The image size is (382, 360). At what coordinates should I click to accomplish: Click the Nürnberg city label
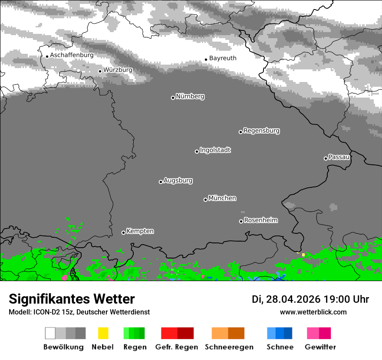pyautogui.click(x=190, y=96)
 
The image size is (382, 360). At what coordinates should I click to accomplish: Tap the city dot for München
pyautogui.click(x=205, y=200)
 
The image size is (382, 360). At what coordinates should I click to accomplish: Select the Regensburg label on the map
pyautogui.click(x=261, y=131)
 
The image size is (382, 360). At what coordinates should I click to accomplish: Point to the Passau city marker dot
pyautogui.click(x=326, y=158)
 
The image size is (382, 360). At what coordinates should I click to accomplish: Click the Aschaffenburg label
pyautogui.click(x=72, y=55)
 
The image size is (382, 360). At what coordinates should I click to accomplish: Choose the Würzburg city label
pyautogui.click(x=118, y=70)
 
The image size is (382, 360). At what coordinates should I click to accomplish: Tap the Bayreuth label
pyautogui.click(x=223, y=58)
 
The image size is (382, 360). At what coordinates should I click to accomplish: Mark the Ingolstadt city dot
pyautogui.click(x=197, y=151)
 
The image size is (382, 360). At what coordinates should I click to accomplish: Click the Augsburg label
pyautogui.click(x=178, y=180)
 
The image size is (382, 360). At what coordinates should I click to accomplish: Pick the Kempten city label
pyautogui.click(x=140, y=231)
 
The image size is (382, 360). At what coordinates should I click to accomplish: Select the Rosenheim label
pyautogui.click(x=260, y=220)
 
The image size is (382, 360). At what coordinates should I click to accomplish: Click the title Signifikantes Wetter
pyautogui.click(x=72, y=299)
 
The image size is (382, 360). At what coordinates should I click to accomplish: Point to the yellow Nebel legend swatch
pyautogui.click(x=103, y=333)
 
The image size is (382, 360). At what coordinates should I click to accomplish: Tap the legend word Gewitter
pyautogui.click(x=320, y=347)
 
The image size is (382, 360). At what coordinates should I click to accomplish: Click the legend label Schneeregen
pyautogui.click(x=229, y=347)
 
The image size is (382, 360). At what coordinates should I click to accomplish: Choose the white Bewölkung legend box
pyautogui.click(x=50, y=333)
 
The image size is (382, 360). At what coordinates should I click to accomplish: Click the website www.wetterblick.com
pyautogui.click(x=313, y=312)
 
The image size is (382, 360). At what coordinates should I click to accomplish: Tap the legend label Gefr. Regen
pyautogui.click(x=177, y=347)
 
